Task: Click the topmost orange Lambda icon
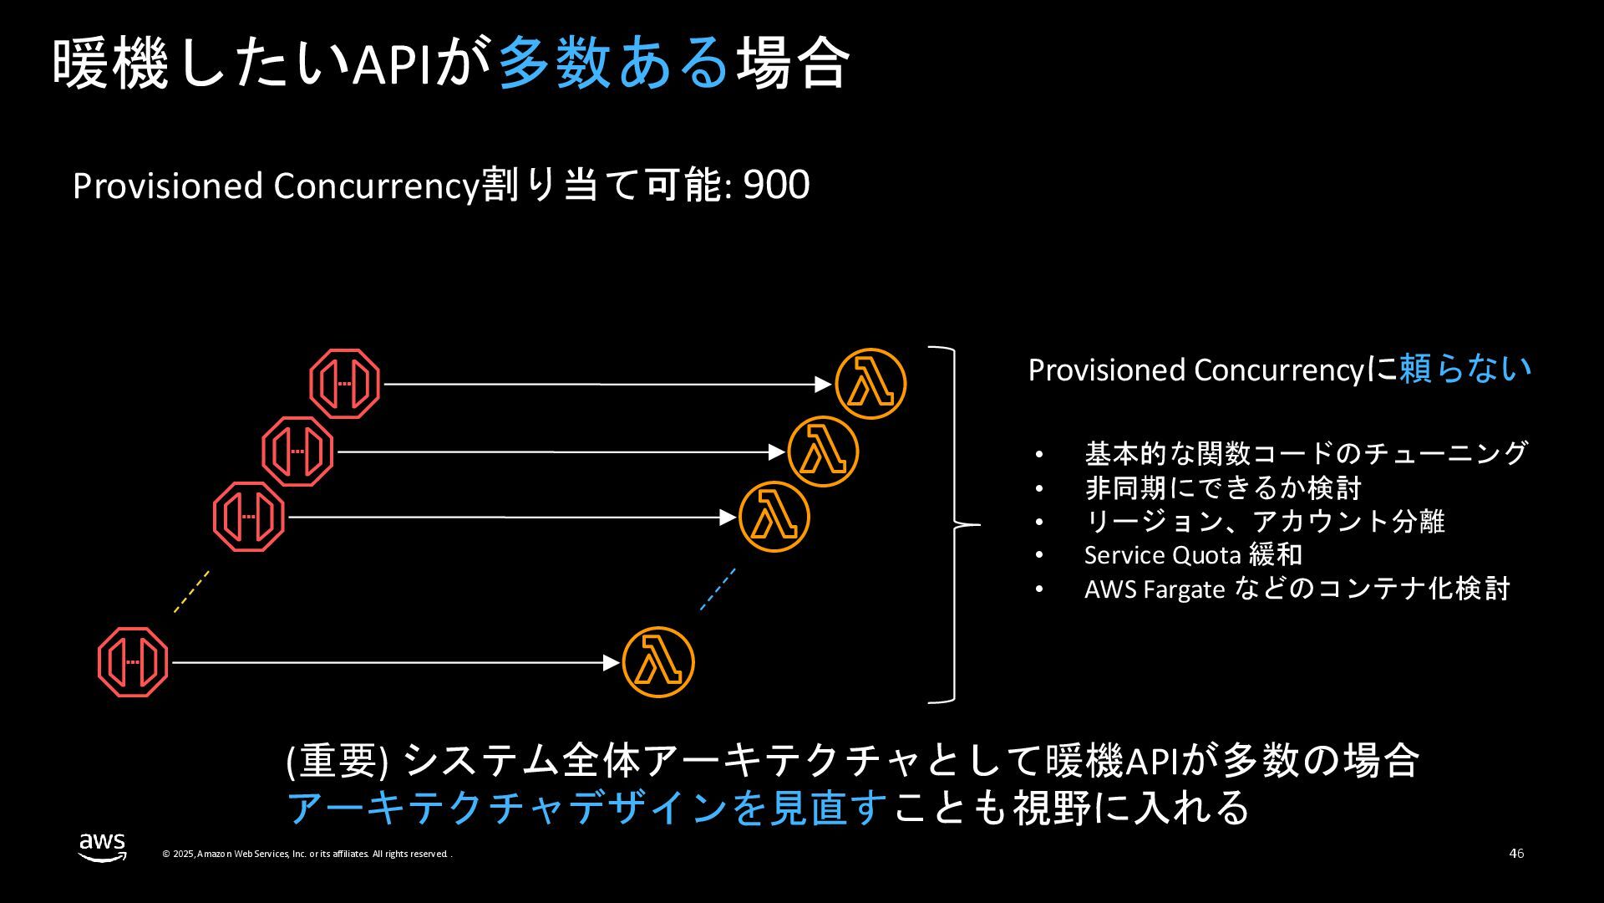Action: tap(871, 384)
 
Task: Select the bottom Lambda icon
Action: tap(658, 662)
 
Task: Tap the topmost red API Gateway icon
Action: tap(345, 384)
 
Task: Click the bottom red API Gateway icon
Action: tap(133, 662)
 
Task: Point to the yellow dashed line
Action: tap(191, 592)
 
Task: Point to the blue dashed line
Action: tap(718, 589)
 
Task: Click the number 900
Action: tap(776, 185)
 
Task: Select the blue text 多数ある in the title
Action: tap(614, 63)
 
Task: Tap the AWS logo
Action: tap(103, 847)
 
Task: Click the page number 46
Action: tap(1516, 854)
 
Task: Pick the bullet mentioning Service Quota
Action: tap(1193, 554)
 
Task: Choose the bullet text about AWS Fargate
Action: tap(1297, 589)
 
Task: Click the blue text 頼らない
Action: tap(1464, 369)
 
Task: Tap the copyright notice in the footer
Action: tap(307, 854)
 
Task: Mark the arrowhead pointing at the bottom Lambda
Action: tap(612, 662)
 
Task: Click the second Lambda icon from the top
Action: tap(823, 451)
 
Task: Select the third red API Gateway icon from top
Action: tap(249, 517)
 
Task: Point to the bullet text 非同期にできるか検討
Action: tap(1223, 487)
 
